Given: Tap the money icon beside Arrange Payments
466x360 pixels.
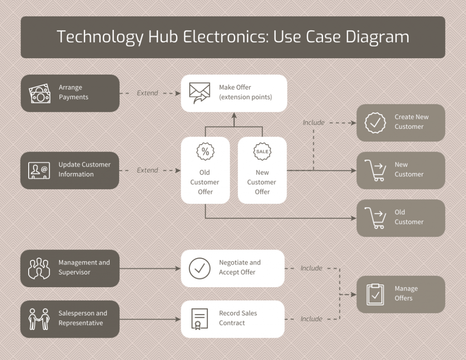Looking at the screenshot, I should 40,93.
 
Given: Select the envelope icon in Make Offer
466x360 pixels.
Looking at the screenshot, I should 200,93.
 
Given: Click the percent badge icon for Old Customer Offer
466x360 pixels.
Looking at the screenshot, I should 205,152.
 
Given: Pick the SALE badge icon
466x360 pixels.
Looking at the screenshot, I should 262,152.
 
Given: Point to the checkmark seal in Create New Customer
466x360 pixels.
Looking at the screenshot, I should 375,122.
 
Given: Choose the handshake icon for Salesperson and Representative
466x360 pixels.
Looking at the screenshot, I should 39,319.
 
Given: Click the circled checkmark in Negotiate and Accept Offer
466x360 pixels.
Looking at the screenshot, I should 200,268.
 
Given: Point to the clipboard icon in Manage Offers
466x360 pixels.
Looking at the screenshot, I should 375,294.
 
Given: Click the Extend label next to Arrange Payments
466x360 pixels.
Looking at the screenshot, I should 147,93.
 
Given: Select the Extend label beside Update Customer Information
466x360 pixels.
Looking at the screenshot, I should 147,170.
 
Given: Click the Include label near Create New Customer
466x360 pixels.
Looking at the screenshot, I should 314,122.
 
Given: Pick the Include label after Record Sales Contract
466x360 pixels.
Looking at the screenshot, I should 311,319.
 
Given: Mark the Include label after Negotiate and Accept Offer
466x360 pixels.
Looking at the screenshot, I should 311,268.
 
